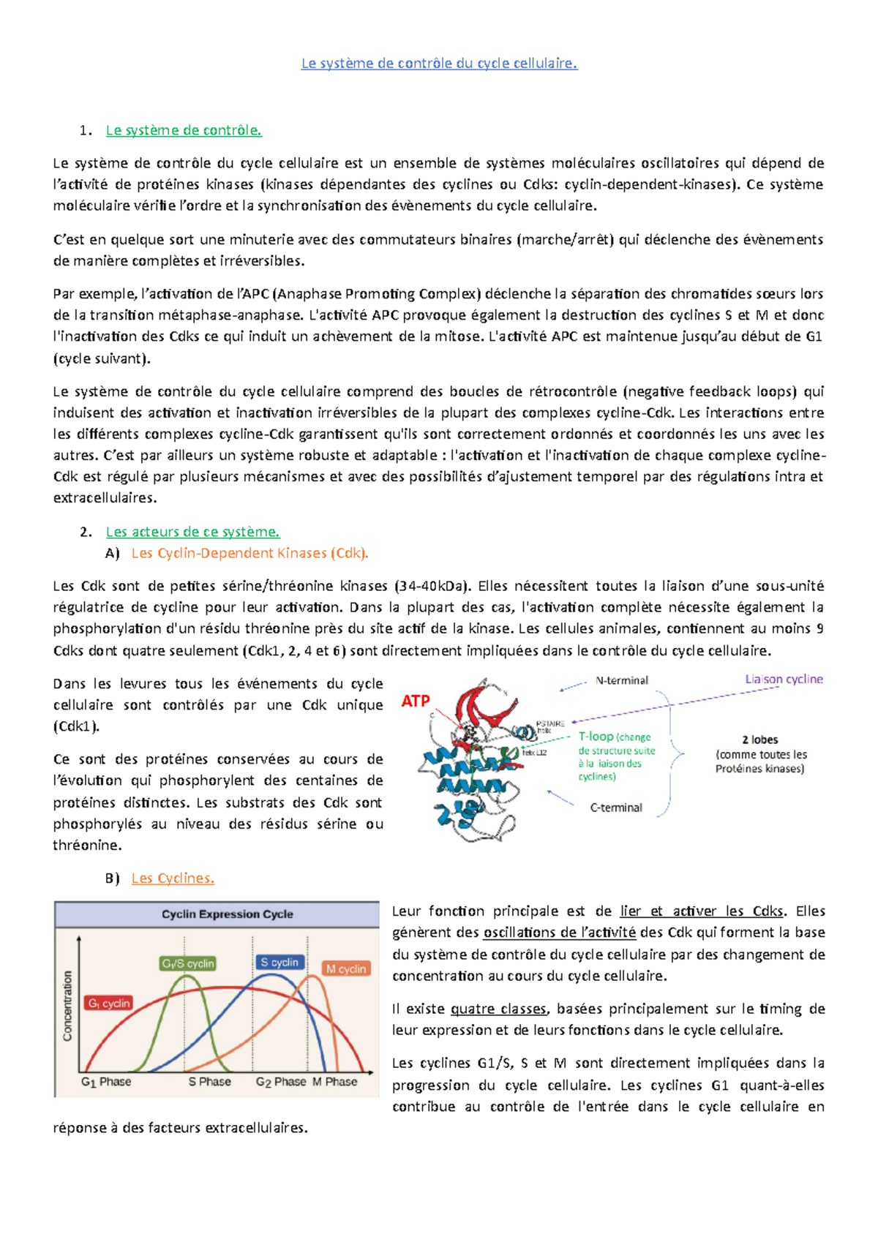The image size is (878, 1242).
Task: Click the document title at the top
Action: [x=439, y=64]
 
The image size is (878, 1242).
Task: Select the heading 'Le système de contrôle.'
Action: [x=184, y=130]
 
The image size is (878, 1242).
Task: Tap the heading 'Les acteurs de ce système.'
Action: [x=192, y=532]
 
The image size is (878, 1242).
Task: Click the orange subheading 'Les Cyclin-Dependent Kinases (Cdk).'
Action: [x=249, y=553]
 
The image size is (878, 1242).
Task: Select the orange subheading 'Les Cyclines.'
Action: [x=173, y=878]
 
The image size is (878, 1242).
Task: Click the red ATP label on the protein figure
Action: [x=416, y=701]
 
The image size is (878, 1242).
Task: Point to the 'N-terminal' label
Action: [x=621, y=680]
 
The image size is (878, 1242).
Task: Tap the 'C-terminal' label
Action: [x=616, y=808]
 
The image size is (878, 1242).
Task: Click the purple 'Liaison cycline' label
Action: [x=784, y=679]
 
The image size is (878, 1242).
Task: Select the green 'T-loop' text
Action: [x=596, y=737]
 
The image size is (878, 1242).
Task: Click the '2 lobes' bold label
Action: [x=759, y=739]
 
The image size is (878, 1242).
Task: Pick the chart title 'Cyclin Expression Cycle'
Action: [x=227, y=914]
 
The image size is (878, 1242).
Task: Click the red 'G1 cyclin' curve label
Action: [x=109, y=1003]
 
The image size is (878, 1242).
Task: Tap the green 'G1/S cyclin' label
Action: [x=187, y=963]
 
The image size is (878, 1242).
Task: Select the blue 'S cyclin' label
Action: [x=279, y=962]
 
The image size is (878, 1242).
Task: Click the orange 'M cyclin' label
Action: [x=346, y=968]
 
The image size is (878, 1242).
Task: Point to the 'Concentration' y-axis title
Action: [x=67, y=1006]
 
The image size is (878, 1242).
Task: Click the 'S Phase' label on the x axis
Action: [x=209, y=1081]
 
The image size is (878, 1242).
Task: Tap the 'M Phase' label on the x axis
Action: [x=335, y=1081]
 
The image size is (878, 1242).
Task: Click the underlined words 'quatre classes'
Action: [x=499, y=1009]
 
